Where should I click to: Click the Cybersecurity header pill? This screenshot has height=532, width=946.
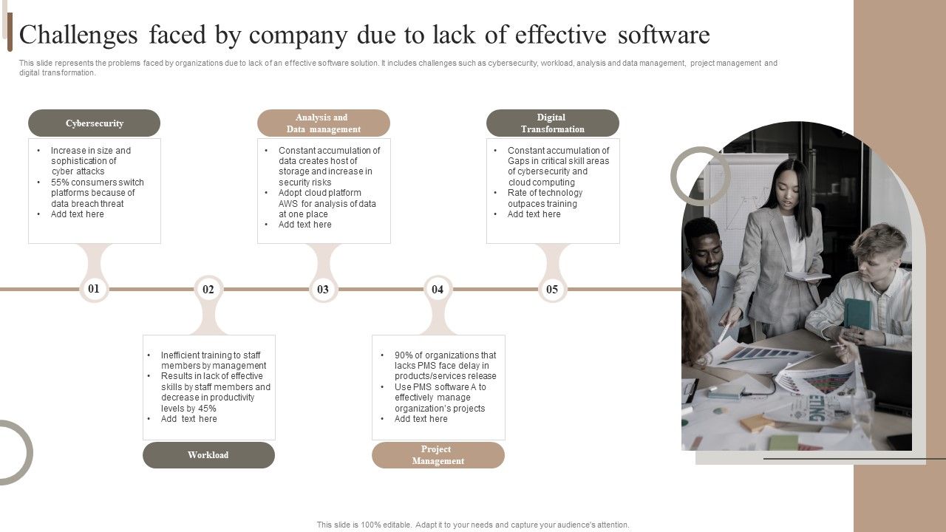pos(94,123)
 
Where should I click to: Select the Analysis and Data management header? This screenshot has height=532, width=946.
pos(323,123)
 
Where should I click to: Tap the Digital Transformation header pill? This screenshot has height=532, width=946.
pos(552,123)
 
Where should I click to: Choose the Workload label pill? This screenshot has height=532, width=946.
pos(208,455)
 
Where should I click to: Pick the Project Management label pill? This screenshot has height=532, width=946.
pos(438,455)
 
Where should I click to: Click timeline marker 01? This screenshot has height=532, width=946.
pos(94,289)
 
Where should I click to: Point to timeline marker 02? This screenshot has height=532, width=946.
pos(208,290)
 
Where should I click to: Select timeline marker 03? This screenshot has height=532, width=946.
pos(323,290)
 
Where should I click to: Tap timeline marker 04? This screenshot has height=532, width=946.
pos(438,290)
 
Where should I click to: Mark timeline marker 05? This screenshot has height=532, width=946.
pos(552,290)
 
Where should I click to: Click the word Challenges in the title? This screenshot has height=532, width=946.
pos(79,35)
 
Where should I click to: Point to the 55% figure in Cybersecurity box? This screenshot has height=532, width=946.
pos(60,183)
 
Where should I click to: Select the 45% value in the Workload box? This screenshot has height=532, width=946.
pos(207,408)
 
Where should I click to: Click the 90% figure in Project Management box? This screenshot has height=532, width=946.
pos(404,355)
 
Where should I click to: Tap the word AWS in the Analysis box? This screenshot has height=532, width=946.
pos(288,204)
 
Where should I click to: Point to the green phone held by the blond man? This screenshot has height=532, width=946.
pos(857,313)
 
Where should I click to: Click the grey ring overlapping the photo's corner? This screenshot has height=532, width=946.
pos(700,176)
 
